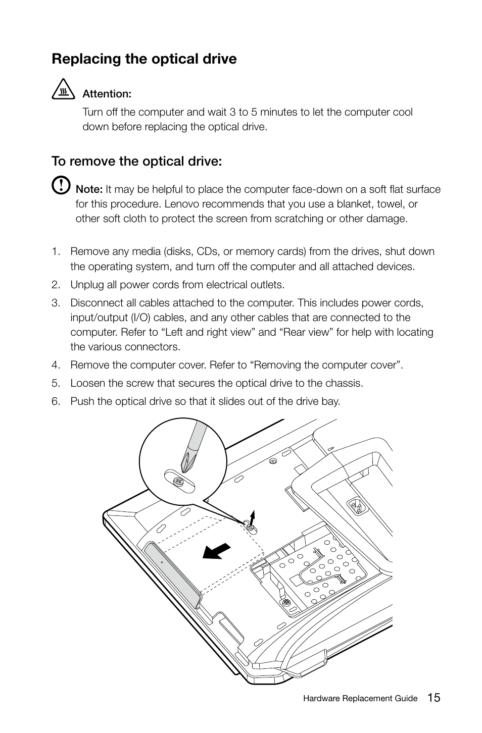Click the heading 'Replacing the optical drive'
(x=144, y=59)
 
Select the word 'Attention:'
(x=107, y=94)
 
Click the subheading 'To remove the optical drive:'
(x=136, y=162)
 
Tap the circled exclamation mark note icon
(x=61, y=185)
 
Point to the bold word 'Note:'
(x=89, y=189)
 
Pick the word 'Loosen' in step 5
(x=87, y=383)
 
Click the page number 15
(x=433, y=698)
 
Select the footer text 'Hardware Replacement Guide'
(x=360, y=699)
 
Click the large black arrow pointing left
(x=216, y=552)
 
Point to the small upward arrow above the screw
(x=252, y=516)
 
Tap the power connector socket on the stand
(x=356, y=506)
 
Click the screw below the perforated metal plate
(x=286, y=603)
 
